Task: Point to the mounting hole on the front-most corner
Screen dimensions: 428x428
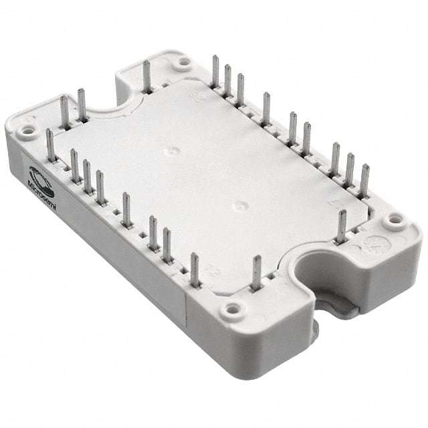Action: (233, 309)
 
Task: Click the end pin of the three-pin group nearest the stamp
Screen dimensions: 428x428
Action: (364, 181)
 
